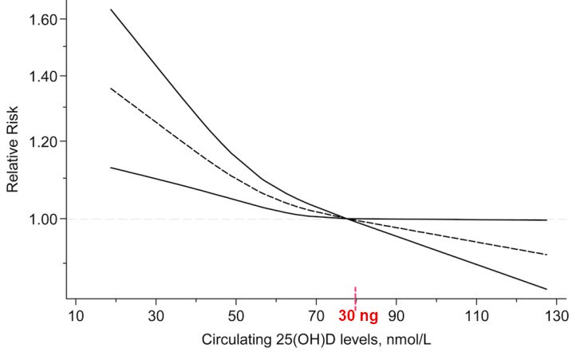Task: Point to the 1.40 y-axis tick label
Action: (42, 77)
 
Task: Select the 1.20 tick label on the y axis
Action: (42, 142)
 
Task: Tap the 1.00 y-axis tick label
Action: (42, 219)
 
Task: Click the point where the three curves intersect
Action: (349, 219)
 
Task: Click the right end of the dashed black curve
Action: (546, 255)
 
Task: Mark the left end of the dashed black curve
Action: (111, 89)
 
